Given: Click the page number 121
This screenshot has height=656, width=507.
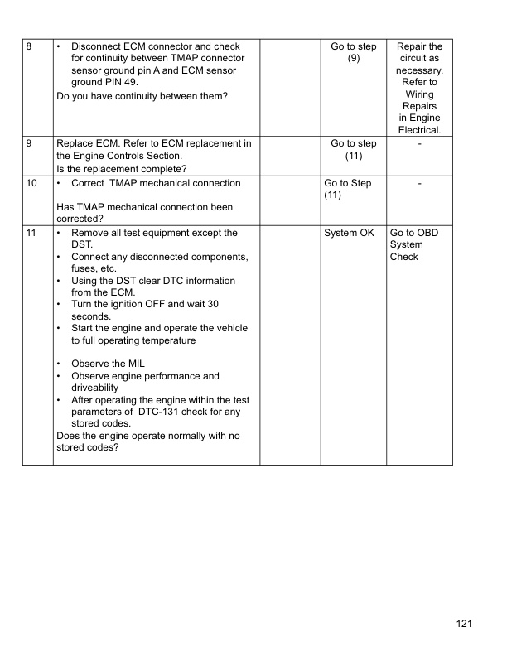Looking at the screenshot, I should (463, 624).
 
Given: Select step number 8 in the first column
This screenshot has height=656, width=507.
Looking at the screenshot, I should (30, 47).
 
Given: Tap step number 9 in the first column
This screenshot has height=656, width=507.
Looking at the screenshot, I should (30, 144).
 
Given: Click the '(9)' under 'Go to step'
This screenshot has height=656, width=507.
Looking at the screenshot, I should (353, 60).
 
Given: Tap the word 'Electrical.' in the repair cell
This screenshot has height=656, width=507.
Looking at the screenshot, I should (420, 130).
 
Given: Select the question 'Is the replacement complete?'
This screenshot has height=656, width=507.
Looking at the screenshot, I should (121, 169).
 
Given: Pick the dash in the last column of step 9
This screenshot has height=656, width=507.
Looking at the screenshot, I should (420, 144).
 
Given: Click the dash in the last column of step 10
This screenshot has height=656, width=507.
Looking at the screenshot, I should (420, 183).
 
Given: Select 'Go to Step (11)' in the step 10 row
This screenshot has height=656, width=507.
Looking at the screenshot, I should (348, 189).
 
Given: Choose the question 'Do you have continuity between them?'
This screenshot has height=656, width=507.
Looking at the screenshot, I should (142, 97).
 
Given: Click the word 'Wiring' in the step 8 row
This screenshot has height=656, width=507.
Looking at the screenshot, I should (420, 94).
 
